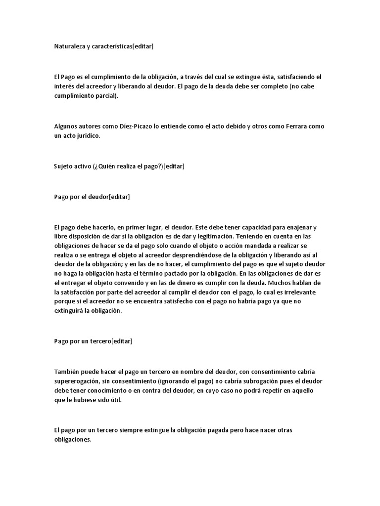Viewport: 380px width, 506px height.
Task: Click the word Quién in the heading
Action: (x=115, y=166)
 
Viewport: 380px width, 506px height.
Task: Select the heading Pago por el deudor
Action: (x=81, y=197)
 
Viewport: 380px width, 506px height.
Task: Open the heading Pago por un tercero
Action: (x=82, y=341)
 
